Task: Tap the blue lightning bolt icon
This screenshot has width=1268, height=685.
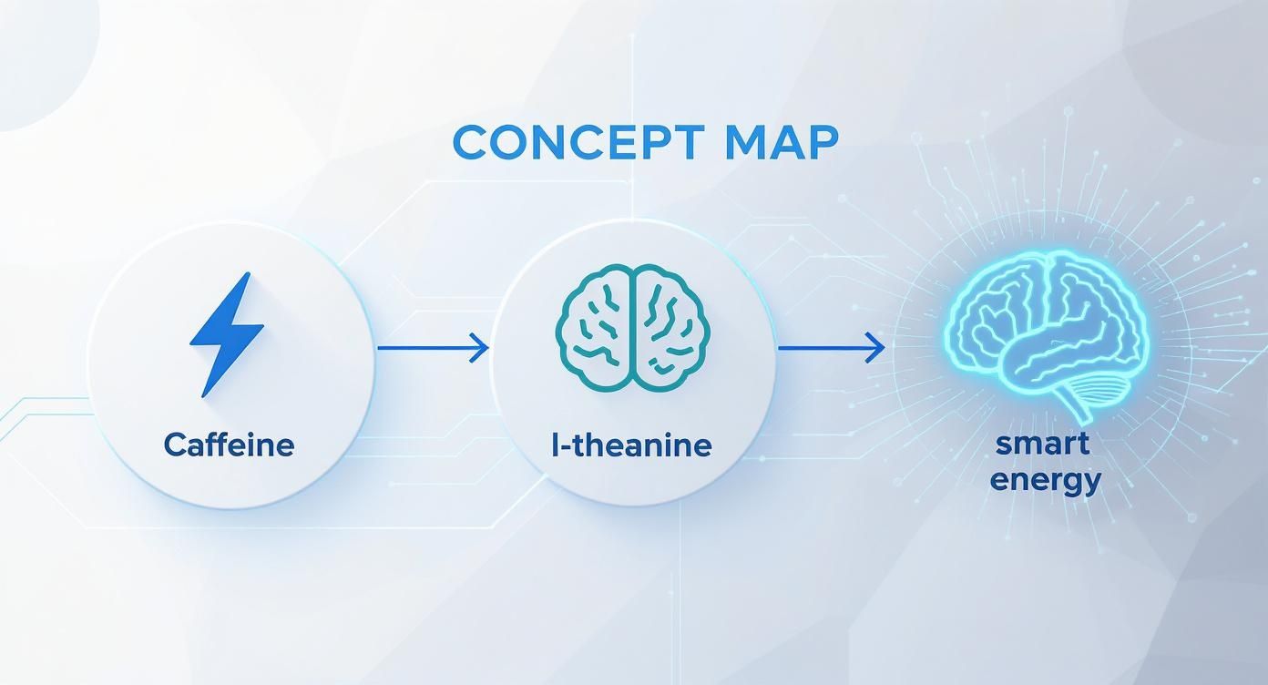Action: (227, 333)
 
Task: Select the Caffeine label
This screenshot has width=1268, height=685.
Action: (230, 445)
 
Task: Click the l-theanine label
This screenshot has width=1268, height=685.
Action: (631, 445)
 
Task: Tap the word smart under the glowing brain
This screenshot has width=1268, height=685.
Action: (1042, 445)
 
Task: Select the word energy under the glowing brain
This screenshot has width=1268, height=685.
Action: (1046, 479)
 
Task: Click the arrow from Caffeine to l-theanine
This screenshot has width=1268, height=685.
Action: (432, 347)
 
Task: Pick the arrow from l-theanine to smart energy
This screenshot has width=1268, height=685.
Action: (830, 347)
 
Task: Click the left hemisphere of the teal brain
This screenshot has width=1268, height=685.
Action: (596, 328)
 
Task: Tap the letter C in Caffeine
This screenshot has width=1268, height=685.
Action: (176, 445)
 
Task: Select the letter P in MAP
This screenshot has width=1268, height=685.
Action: (821, 143)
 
